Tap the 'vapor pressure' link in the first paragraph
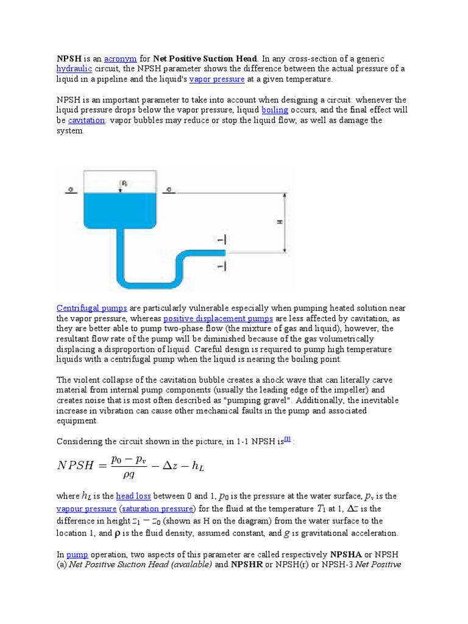(x=217, y=79)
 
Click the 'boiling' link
(x=275, y=110)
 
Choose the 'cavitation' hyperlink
(x=87, y=121)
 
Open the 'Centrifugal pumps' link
(x=92, y=308)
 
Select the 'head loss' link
(x=133, y=497)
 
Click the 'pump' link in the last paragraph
(x=77, y=555)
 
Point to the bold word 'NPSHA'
(x=346, y=555)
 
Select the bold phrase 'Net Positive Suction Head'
(x=206, y=58)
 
